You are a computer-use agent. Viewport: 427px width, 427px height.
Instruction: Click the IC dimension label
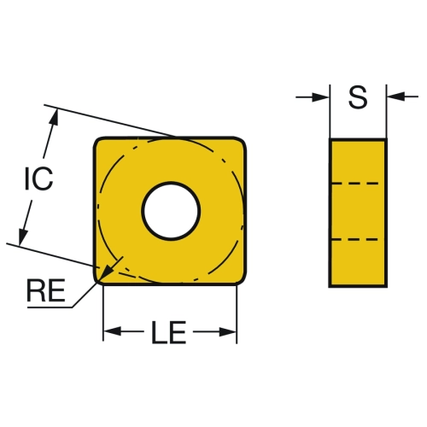38,178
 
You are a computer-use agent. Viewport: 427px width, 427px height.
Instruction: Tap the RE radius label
46,290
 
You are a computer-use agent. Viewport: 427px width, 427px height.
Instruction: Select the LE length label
169,332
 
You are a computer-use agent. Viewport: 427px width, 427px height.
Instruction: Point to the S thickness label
358,97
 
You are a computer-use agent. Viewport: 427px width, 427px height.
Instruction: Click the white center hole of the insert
171,211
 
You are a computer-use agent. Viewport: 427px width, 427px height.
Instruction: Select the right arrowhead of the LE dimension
228,331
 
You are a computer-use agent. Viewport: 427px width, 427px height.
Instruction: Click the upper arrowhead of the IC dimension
54,117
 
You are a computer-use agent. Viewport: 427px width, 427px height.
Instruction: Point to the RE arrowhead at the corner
106,272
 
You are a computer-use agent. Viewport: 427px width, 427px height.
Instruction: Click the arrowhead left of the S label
320,97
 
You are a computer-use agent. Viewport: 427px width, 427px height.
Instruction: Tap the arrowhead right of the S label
396,97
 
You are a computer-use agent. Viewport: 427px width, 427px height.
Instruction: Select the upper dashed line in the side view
355,184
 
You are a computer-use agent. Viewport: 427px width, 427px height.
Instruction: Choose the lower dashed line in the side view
355,240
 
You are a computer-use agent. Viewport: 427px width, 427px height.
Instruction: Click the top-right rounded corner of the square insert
241,143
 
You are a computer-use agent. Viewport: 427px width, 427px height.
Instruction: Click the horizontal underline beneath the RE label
50,307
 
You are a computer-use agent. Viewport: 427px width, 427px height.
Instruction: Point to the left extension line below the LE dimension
103,313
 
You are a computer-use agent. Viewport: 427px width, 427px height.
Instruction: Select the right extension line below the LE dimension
237,314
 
